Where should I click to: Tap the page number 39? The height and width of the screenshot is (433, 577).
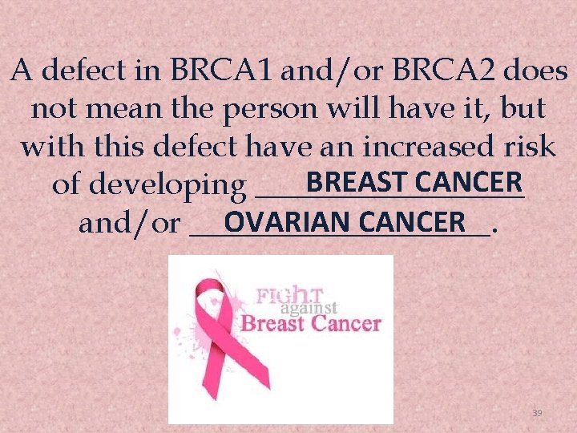pyautogui.click(x=537, y=413)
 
